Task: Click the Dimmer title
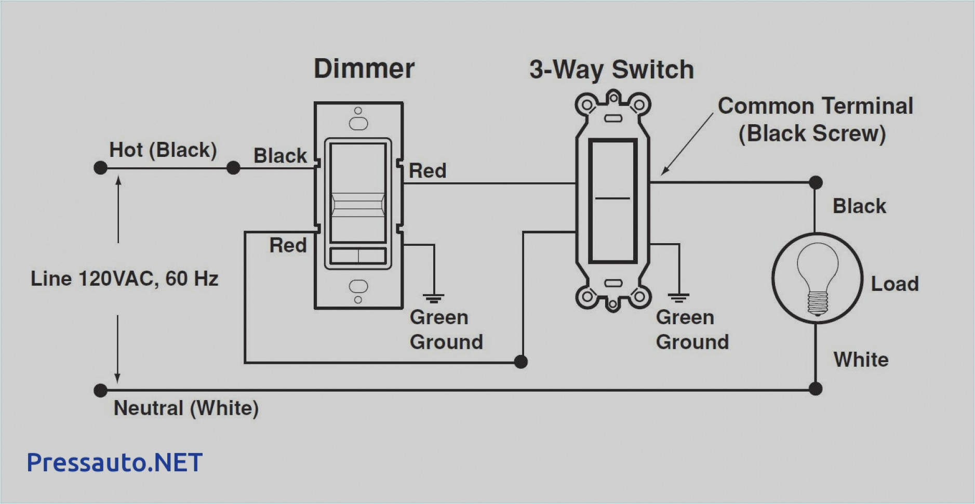364,69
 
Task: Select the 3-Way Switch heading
611,70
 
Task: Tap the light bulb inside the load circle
817,278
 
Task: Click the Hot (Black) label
163,150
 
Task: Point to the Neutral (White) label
186,408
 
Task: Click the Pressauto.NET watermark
114,462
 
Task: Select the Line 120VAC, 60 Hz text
124,279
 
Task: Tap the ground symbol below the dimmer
433,298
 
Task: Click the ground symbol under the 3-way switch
678,298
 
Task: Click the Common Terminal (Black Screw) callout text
814,120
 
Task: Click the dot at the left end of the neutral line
101,390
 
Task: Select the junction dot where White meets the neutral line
816,389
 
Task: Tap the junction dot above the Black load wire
816,182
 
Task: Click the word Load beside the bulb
894,284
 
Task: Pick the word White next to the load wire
861,360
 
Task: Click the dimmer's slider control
358,205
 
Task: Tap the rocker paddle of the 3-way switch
612,200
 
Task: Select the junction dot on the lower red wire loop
520,362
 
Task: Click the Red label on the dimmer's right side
427,171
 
